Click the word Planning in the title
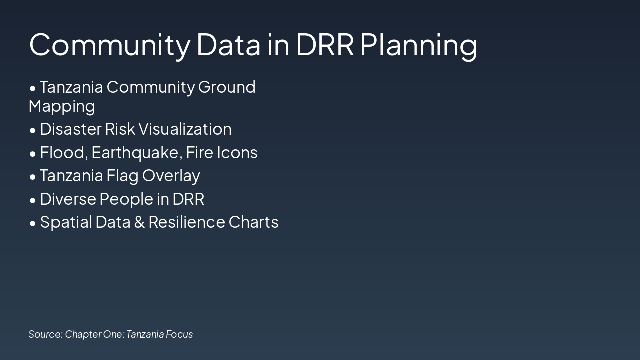point(418,45)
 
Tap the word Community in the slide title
point(109,45)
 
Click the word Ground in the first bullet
point(227,87)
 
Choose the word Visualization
point(185,129)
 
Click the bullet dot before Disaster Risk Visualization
point(33,130)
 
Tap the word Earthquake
point(136,153)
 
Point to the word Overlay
point(171,176)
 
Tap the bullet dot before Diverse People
point(33,200)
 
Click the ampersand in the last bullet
point(139,222)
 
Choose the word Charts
point(253,222)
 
